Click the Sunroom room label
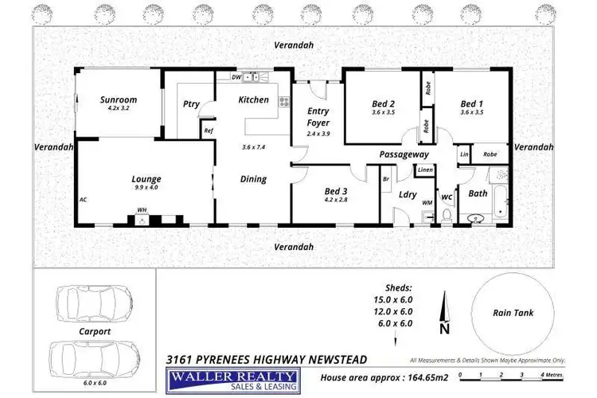(x=119, y=100)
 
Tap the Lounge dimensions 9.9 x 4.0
(x=146, y=189)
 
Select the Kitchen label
(x=253, y=100)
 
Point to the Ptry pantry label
(x=191, y=103)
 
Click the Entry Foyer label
(x=318, y=117)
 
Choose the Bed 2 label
(x=383, y=103)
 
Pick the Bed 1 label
(x=471, y=103)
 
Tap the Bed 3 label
(x=335, y=191)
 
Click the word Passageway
(x=404, y=154)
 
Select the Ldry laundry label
(x=408, y=194)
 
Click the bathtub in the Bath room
(x=501, y=203)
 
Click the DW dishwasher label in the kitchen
(x=236, y=77)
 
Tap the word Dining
(x=253, y=179)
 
